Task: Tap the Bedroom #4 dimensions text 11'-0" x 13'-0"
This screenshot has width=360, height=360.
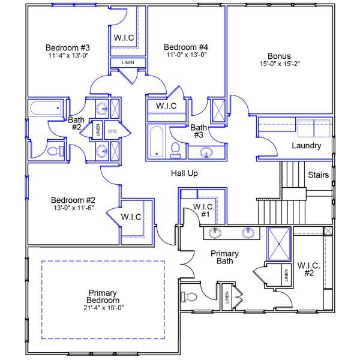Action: point(187,55)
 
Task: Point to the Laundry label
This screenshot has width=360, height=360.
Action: point(306,146)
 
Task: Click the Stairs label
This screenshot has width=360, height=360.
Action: point(318,175)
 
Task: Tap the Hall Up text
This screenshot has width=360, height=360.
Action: point(184,173)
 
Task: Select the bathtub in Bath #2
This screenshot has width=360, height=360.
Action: point(46,109)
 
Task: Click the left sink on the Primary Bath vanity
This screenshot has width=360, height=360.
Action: point(215,232)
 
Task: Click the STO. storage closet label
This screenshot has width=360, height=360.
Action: point(112,131)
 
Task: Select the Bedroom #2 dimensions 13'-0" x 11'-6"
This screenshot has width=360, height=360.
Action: point(73,208)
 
